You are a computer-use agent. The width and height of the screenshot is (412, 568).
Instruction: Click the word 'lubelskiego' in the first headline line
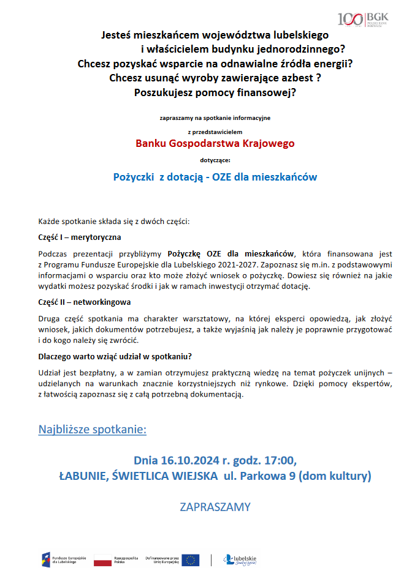coord(299,35)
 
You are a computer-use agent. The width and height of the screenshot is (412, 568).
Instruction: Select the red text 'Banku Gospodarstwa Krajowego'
coord(215,143)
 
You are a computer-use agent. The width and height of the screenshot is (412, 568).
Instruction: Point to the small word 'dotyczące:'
coord(215,160)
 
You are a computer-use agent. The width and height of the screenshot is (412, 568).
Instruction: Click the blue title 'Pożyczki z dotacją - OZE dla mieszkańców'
coord(215,177)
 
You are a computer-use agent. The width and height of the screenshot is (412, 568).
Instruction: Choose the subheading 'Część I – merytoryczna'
coord(80,237)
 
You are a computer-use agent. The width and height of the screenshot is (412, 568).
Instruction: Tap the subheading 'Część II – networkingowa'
coord(84,302)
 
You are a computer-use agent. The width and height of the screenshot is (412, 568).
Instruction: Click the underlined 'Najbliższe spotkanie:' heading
coord(93,429)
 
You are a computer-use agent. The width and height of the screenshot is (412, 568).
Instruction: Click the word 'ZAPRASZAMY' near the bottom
coord(215,507)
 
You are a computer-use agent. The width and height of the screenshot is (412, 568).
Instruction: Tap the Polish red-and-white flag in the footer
coord(102,559)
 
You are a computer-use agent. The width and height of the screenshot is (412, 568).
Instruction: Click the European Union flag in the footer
coord(191,559)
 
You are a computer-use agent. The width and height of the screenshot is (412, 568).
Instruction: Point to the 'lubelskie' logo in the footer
coord(240,559)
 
